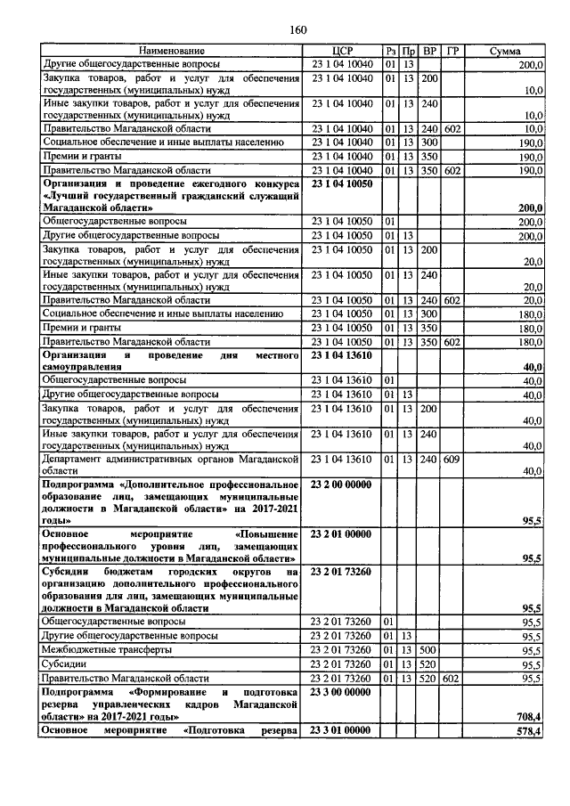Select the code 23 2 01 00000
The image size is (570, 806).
tap(342, 533)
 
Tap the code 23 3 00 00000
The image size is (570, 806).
tap(342, 691)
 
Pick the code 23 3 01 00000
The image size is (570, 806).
tap(342, 730)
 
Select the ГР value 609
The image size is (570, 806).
tap(452, 460)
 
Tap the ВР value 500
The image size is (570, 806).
tap(429, 650)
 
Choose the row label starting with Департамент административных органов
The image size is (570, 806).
tap(169, 460)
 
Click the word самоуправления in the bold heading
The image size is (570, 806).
tap(81, 367)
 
